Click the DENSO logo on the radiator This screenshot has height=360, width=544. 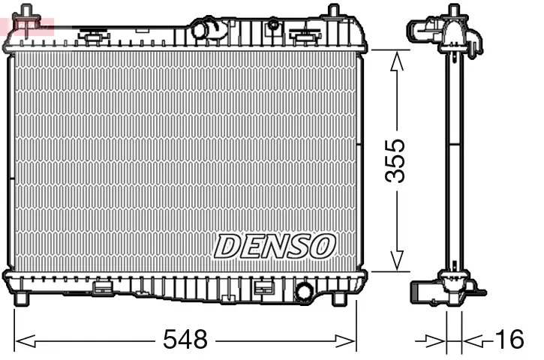tap(274, 245)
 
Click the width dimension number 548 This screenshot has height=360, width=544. tap(185, 340)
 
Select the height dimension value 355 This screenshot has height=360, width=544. tap(396, 160)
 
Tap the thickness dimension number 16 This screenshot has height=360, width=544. tap(509, 340)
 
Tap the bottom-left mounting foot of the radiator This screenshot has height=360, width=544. tap(23, 297)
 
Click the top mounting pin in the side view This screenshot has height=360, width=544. tap(453, 11)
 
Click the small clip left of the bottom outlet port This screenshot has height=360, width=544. tap(263, 287)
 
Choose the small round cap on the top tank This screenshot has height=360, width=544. tap(274, 25)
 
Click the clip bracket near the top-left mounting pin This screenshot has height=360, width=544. tap(93, 35)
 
